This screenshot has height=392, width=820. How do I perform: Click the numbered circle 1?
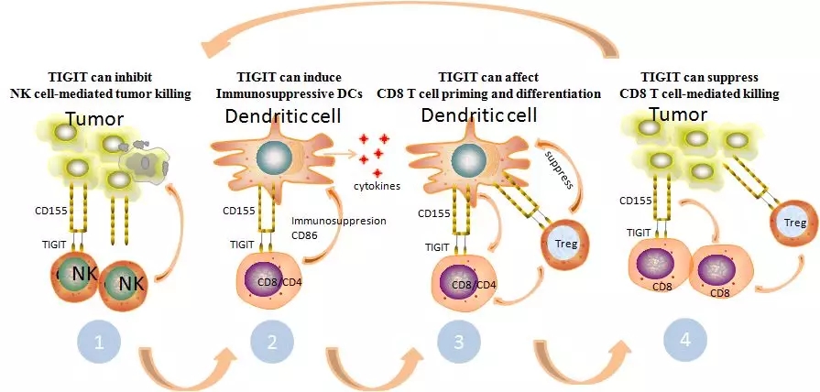tap(103, 345)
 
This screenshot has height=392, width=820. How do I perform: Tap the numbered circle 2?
tap(270, 345)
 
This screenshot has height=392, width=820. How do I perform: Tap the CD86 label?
tap(306, 236)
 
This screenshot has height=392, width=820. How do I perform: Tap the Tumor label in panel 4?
tap(679, 115)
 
